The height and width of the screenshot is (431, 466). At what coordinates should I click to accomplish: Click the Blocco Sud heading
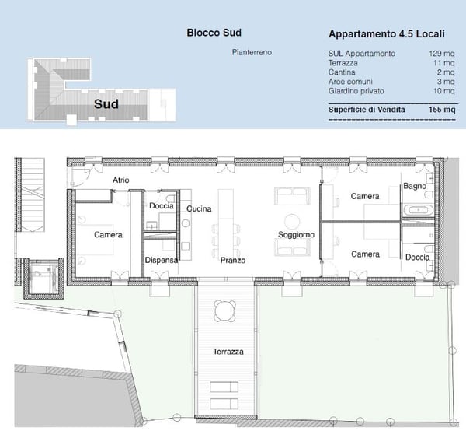pos(214,33)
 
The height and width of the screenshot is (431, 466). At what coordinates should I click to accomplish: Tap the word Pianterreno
pos(252,53)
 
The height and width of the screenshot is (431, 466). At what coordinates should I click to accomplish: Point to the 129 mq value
pos(442,54)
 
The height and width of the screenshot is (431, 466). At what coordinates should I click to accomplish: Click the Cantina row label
pos(343,72)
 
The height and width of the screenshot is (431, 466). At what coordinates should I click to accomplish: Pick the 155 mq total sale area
pos(442,110)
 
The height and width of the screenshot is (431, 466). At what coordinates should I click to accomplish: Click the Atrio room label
pos(121,180)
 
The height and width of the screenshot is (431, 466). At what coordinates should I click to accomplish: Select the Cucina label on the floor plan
pos(200,208)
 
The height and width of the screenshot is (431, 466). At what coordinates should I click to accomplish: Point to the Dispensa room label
pos(162,260)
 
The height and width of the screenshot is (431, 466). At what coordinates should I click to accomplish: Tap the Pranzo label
pos(232,260)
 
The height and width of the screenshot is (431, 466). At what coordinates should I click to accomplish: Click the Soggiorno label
pos(296,234)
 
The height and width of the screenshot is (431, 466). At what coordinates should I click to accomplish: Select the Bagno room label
pos(412,187)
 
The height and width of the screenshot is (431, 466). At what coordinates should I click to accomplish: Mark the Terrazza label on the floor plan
pos(228,352)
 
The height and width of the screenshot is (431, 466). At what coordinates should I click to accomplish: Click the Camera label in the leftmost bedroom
pos(108,234)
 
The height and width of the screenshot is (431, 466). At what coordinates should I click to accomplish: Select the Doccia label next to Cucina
pos(162,205)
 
